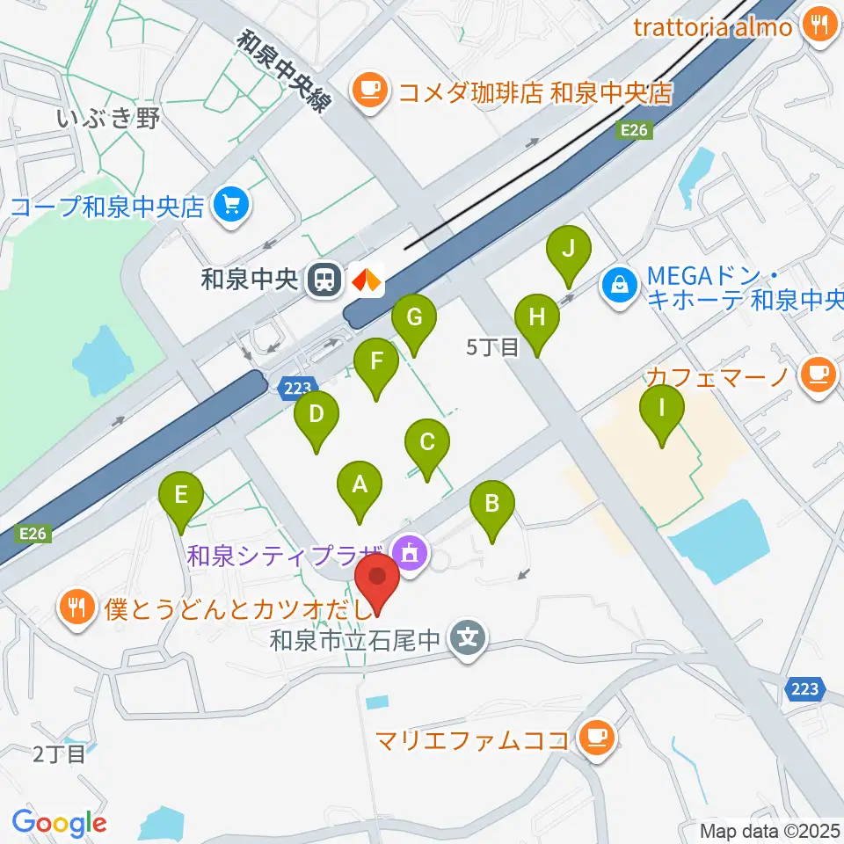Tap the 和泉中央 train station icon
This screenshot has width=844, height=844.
point(324,280)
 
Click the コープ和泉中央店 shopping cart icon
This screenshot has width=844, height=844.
point(232,207)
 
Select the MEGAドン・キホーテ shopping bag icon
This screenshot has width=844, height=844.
point(621,284)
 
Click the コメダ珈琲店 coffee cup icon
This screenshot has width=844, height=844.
point(370,91)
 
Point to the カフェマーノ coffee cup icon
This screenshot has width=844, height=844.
point(819,376)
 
